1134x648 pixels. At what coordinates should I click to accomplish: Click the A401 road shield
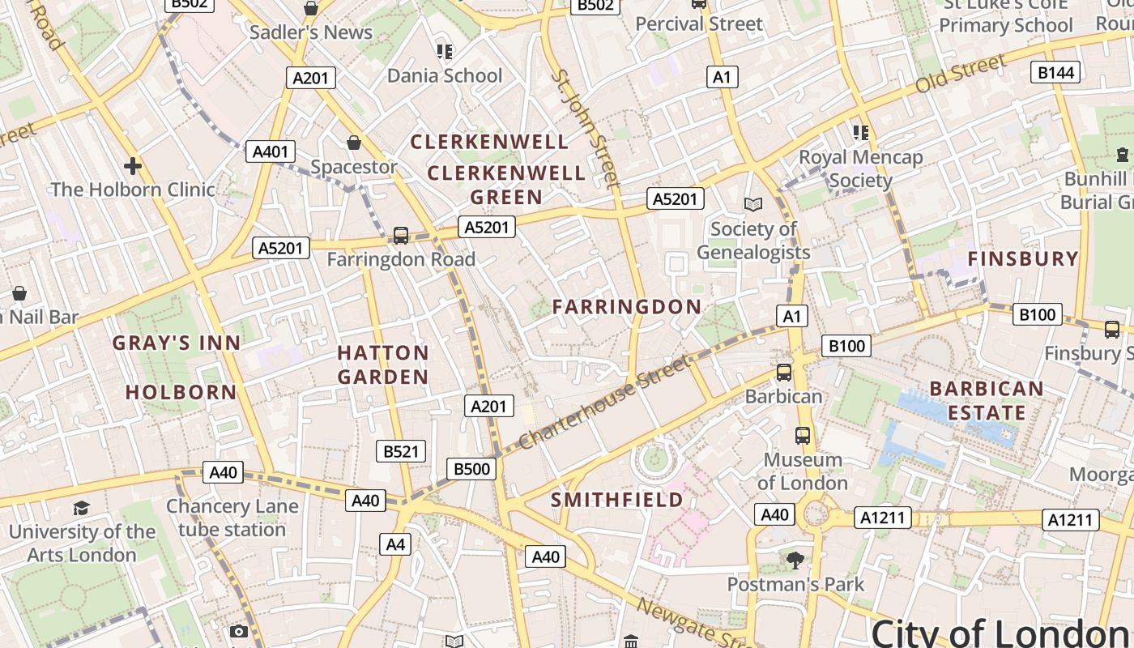point(270,151)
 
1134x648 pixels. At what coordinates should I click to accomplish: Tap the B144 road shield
point(1056,73)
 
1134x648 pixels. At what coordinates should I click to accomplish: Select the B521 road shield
point(400,451)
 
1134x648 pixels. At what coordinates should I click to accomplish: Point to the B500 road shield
point(471,468)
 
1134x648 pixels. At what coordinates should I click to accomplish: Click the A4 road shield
point(395,544)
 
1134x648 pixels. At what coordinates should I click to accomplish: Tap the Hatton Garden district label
point(383,364)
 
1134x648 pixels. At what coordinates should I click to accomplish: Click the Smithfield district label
point(617,500)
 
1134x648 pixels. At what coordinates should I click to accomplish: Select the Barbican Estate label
point(987,400)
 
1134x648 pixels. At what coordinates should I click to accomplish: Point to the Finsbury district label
point(1024,259)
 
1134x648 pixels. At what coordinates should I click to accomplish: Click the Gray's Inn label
point(177,343)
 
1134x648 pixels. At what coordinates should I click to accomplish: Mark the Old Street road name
point(961,74)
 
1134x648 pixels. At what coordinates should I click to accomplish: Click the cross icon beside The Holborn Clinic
point(133,166)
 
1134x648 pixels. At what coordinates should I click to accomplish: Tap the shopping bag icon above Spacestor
point(354,143)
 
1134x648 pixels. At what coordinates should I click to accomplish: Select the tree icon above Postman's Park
point(795,560)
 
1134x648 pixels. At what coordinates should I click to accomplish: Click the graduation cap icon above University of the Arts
point(81,509)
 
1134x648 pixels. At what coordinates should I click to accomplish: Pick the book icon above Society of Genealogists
point(753,205)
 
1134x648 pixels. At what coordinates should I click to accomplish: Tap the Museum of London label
point(803,471)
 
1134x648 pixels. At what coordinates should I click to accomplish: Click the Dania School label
point(445,75)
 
